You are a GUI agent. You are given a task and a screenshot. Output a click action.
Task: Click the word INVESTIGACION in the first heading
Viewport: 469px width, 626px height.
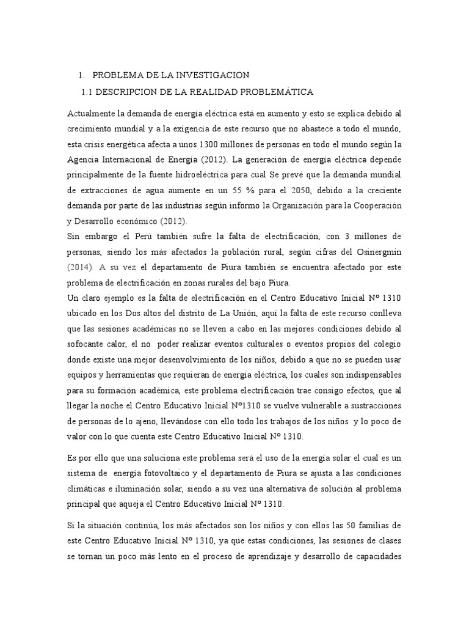point(210,75)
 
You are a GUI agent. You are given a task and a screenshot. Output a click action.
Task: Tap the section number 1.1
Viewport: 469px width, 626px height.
point(87,92)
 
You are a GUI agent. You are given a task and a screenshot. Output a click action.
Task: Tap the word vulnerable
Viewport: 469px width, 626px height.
point(300,407)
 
